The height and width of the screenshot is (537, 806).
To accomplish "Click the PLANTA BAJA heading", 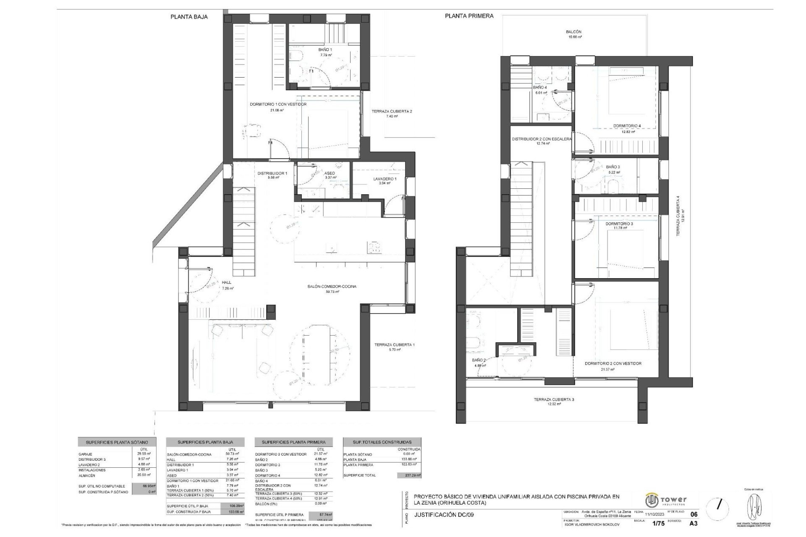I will pyautogui.click(x=189, y=17).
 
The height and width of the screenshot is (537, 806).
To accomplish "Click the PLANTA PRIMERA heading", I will pyautogui.click(x=469, y=16).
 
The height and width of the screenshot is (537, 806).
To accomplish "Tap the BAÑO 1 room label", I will pyautogui.click(x=325, y=50).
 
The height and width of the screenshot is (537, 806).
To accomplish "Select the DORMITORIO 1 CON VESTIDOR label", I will pyautogui.click(x=278, y=104).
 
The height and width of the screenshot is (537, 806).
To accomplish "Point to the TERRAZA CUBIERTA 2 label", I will pyautogui.click(x=391, y=112).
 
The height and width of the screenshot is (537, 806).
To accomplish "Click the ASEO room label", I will pyautogui.click(x=330, y=174).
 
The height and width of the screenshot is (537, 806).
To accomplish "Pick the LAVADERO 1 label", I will pyautogui.click(x=385, y=179).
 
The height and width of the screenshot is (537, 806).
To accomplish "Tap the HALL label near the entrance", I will pyautogui.click(x=227, y=283).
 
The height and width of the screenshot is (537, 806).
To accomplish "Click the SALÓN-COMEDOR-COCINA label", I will pyautogui.click(x=332, y=287).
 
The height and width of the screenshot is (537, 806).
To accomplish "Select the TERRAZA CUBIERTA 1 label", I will pyautogui.click(x=394, y=345).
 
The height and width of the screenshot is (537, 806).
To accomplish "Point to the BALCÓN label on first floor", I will pyautogui.click(x=573, y=32).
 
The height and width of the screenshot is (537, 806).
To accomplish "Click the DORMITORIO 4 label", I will pyautogui.click(x=627, y=126).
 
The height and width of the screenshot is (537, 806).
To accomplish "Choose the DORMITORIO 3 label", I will pyautogui.click(x=619, y=224).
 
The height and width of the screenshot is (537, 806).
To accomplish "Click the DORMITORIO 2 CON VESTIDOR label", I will pyautogui.click(x=613, y=364).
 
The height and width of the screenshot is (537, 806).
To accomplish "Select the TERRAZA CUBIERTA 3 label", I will pyautogui.click(x=554, y=400).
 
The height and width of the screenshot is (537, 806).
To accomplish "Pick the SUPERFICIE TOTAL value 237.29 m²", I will pyautogui.click(x=408, y=475).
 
